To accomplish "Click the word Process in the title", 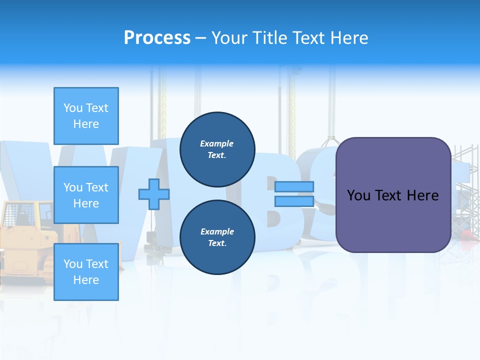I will click(x=157, y=38).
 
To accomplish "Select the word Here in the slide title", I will click(x=347, y=38).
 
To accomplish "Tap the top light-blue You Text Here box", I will click(x=86, y=116).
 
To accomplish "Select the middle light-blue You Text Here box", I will click(x=86, y=195).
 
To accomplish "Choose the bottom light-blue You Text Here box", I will click(x=86, y=272).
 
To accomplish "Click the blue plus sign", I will click(x=154, y=194).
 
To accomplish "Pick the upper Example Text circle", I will click(x=217, y=149).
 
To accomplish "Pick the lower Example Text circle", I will click(x=217, y=237).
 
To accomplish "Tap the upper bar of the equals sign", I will click(x=294, y=186).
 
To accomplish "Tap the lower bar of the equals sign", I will click(x=294, y=201).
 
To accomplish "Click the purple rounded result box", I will click(x=393, y=220).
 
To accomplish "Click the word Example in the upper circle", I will click(x=217, y=143).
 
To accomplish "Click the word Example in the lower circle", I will click(x=217, y=231).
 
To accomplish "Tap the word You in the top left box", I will click(x=72, y=108).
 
